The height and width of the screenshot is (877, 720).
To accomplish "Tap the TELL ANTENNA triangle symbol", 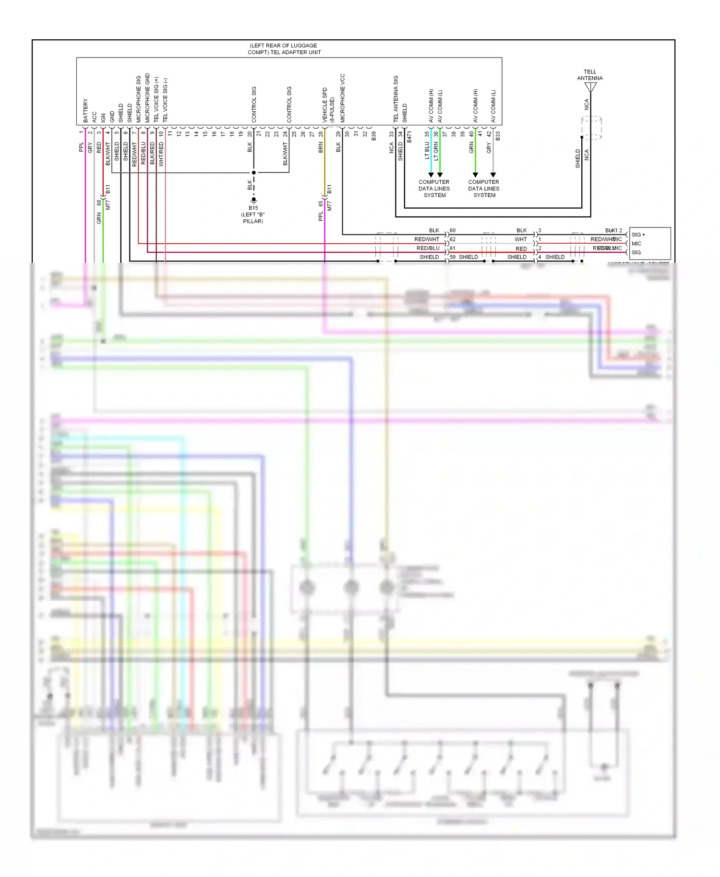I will tap(590, 87).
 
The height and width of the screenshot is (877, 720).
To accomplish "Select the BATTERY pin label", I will tap(85, 110).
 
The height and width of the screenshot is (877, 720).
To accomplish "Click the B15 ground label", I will tap(253, 208).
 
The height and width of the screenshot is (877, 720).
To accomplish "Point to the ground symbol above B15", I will tap(253, 200).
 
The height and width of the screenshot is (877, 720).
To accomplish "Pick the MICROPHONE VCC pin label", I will tap(342, 98).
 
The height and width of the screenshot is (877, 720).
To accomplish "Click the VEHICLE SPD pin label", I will tap(325, 104).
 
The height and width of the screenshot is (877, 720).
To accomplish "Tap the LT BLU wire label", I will tap(427, 150).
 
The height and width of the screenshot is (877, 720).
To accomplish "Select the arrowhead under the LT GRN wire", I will tap(440, 175).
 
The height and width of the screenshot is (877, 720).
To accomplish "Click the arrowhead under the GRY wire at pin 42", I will tap(493, 175).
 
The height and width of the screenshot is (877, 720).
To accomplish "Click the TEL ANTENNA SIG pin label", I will tap(396, 99).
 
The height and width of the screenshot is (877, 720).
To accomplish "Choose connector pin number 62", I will tap(453, 239).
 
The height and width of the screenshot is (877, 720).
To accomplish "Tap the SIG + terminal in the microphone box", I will tap(638, 235).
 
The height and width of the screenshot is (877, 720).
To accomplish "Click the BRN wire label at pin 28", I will tap(320, 147).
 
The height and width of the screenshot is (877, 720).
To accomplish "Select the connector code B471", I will tap(409, 137).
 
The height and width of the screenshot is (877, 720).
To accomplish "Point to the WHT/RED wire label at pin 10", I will tap(161, 154).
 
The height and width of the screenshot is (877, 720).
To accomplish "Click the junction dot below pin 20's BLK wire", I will tap(253, 172).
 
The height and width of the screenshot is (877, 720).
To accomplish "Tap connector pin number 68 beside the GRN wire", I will tap(99, 202).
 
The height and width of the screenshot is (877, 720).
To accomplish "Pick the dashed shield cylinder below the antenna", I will tap(591, 128).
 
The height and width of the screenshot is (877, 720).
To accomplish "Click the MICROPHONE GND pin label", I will tap(147, 98).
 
